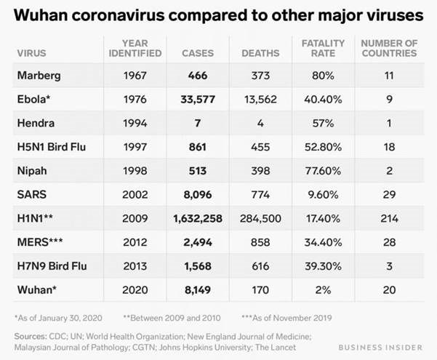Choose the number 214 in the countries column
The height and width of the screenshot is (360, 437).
point(388,218)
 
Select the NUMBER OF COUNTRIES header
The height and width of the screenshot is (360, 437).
point(388,48)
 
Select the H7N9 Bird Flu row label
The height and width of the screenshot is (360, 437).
point(51,266)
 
